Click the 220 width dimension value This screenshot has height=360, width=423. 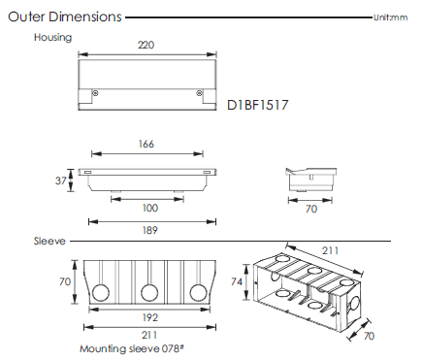tap(146, 45)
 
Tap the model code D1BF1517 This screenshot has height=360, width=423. tap(257, 105)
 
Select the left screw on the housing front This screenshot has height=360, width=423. tap(95, 93)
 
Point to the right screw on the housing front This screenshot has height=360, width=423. tap(200, 93)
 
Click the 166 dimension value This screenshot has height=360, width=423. tap(146, 144)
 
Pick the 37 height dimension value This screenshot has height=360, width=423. tap(60, 180)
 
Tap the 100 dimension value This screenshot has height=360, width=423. tap(150, 208)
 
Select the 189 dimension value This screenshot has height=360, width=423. tap(150, 230)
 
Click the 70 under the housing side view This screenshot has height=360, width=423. tap(311, 209)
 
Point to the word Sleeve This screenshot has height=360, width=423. tap(49, 241)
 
